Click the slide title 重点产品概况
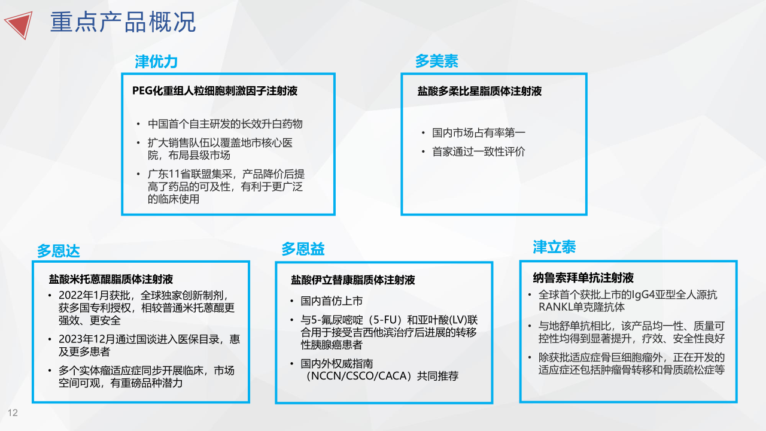click(x=123, y=22)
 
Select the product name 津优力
click(x=156, y=62)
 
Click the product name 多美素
click(x=437, y=61)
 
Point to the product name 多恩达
click(x=59, y=251)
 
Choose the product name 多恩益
click(x=303, y=249)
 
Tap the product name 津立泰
click(x=554, y=247)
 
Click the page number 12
click(x=13, y=413)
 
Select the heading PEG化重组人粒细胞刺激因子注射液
click(x=215, y=91)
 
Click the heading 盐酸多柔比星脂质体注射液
click(x=479, y=92)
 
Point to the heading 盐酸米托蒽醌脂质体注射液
click(x=111, y=280)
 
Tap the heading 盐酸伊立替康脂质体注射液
click(x=353, y=280)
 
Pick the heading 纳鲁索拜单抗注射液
click(x=583, y=278)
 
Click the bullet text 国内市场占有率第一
click(x=479, y=133)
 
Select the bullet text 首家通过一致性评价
click(x=479, y=151)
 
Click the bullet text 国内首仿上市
click(x=332, y=301)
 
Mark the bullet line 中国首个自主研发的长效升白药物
click(x=226, y=124)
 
